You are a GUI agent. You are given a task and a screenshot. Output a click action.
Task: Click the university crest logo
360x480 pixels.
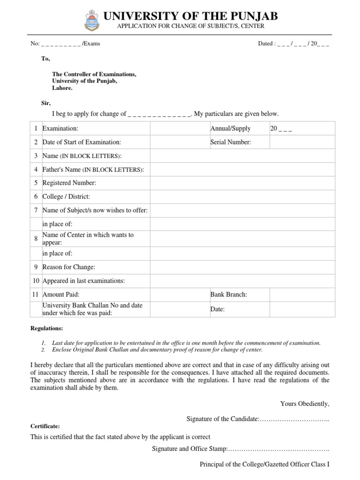[x=91, y=20]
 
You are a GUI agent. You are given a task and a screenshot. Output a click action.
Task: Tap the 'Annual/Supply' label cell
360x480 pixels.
[x=231, y=128]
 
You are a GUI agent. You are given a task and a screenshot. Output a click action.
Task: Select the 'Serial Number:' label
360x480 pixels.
[x=231, y=142]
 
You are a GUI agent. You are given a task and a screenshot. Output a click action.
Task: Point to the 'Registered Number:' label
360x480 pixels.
[x=69, y=183]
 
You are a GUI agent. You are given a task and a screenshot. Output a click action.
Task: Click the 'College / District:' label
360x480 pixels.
[x=66, y=197]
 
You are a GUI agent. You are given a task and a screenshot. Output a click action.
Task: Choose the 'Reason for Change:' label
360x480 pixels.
[x=68, y=267]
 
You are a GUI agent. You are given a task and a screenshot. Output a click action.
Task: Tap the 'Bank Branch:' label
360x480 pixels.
[x=229, y=294]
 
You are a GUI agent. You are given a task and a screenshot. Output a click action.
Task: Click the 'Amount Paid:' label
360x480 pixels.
[x=61, y=294]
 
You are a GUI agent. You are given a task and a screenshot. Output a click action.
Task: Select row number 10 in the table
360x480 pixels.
[x=36, y=281]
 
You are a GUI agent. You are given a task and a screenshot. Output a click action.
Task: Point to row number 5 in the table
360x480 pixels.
[x=36, y=183]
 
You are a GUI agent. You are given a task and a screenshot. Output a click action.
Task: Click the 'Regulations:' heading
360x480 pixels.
[x=46, y=329]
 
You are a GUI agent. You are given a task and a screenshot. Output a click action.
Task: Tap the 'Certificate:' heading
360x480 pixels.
[x=45, y=427]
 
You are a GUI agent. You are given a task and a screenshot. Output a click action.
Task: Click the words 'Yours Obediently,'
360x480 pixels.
[x=305, y=403]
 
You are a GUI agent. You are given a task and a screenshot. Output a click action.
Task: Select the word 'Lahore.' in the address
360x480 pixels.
[x=62, y=88]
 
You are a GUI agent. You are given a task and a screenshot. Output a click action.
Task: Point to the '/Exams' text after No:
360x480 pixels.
[x=91, y=44]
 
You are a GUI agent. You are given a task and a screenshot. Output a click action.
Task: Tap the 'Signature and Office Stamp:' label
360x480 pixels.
[x=190, y=449]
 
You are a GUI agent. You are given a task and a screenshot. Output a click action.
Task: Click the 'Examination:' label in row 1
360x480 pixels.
[x=60, y=128]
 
